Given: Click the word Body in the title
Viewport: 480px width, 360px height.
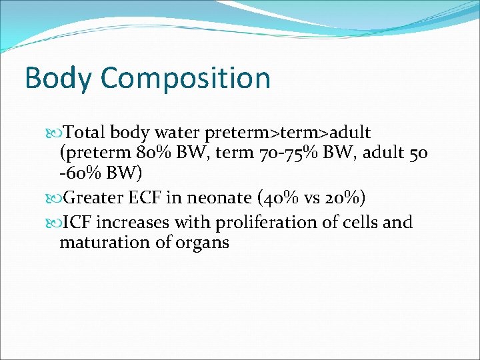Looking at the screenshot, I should (x=57, y=78).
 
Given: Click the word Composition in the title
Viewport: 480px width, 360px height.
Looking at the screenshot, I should (x=185, y=78).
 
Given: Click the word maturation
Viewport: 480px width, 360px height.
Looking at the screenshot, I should (x=99, y=243).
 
